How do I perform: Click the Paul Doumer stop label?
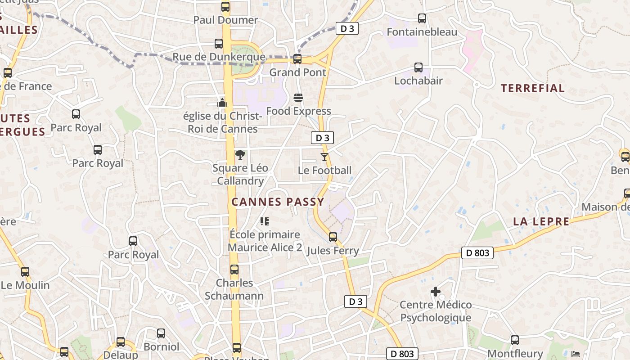click(x=225, y=20)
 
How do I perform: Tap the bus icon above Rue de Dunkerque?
click(x=219, y=44)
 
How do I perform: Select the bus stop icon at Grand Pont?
click(x=297, y=59)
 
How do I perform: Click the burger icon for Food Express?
click(x=298, y=98)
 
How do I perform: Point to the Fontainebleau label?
click(x=422, y=32)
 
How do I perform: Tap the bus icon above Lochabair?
click(x=418, y=67)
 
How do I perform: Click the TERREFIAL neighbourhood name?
click(x=532, y=88)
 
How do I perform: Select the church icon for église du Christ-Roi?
click(x=222, y=103)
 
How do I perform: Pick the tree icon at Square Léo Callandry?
click(x=240, y=155)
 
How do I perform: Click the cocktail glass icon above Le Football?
click(x=324, y=157)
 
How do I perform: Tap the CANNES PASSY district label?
click(x=278, y=202)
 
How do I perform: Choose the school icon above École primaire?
click(x=265, y=221)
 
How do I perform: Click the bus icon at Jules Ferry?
click(x=333, y=237)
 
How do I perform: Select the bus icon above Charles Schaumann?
click(x=234, y=270)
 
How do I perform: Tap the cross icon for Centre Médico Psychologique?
click(x=436, y=292)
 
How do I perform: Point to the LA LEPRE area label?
click(x=541, y=221)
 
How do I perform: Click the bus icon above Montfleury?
click(x=515, y=340)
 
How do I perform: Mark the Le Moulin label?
click(x=25, y=285)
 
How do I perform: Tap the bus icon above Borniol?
click(x=161, y=333)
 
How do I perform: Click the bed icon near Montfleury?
click(x=576, y=354)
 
